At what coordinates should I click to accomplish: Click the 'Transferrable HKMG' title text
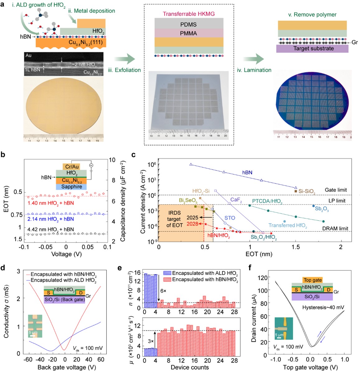click(x=189, y=14)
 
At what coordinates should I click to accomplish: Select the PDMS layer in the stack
click(x=189, y=24)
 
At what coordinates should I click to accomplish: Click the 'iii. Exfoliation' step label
click(x=124, y=70)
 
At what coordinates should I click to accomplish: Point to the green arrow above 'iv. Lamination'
click(x=254, y=58)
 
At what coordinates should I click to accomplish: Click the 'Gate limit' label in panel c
click(x=335, y=190)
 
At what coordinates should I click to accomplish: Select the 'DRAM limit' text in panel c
click(x=335, y=228)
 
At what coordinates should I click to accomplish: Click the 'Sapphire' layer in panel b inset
click(x=72, y=187)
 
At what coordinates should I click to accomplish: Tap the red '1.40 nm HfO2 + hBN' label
click(x=51, y=203)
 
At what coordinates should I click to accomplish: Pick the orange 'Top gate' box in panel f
click(x=312, y=280)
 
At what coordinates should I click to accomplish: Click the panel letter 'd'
click(x=3, y=268)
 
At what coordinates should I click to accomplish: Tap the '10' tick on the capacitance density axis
click(x=112, y=160)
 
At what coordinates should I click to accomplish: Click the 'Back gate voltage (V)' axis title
click(x=62, y=367)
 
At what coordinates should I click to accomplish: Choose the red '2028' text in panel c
click(x=192, y=224)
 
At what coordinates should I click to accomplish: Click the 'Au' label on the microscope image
click(x=28, y=55)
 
